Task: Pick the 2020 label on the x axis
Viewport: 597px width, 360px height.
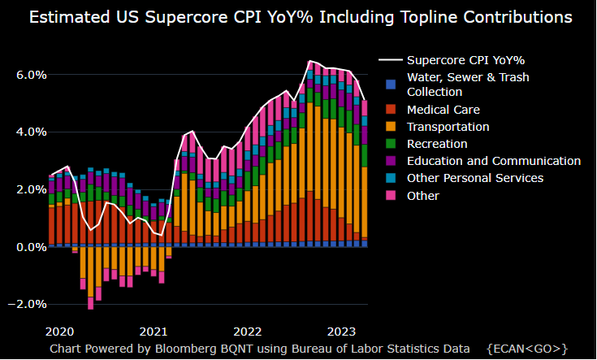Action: click(61, 332)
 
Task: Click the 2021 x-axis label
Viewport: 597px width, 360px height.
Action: click(154, 332)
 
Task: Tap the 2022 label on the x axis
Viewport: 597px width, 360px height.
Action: click(246, 332)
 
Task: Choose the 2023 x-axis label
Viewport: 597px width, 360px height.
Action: click(340, 332)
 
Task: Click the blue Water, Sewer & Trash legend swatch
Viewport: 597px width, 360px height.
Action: click(392, 85)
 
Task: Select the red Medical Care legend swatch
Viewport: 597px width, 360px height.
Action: click(392, 109)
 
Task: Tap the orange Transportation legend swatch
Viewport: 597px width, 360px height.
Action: click(392, 127)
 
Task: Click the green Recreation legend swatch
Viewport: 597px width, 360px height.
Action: click(392, 144)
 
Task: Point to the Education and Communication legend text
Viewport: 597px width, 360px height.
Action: click(494, 161)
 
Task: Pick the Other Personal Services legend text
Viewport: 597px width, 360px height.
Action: click(475, 178)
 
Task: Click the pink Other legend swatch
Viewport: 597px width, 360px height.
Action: click(392, 195)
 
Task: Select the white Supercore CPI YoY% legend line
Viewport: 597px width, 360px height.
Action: click(392, 60)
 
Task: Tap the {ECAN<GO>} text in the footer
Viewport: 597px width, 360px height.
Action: click(527, 348)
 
